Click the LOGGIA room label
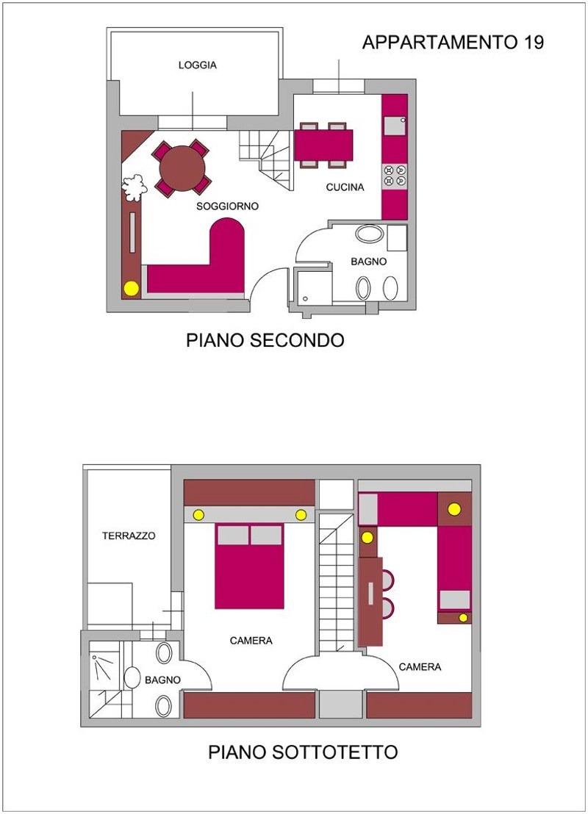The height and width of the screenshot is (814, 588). pyautogui.click(x=198, y=65)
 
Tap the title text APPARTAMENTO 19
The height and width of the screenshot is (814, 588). pyautogui.click(x=453, y=43)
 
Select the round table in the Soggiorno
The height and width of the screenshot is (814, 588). pyautogui.click(x=182, y=168)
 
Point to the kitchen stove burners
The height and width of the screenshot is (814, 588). pyautogui.click(x=395, y=176)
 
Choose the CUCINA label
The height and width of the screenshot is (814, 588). pyautogui.click(x=345, y=187)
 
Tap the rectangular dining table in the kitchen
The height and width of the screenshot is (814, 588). pyautogui.click(x=323, y=145)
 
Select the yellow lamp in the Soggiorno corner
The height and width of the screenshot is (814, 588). pyautogui.click(x=132, y=288)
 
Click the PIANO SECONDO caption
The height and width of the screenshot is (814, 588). pyautogui.click(x=265, y=341)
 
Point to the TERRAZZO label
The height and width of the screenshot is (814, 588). pyautogui.click(x=129, y=536)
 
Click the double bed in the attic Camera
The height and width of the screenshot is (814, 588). pyautogui.click(x=249, y=566)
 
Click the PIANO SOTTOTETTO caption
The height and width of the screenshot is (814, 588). pyautogui.click(x=304, y=752)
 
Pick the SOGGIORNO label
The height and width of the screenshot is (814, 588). pyautogui.click(x=228, y=206)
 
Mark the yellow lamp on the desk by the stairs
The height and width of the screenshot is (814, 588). pyautogui.click(x=367, y=538)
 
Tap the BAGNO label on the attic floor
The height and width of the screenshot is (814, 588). pyautogui.click(x=162, y=680)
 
